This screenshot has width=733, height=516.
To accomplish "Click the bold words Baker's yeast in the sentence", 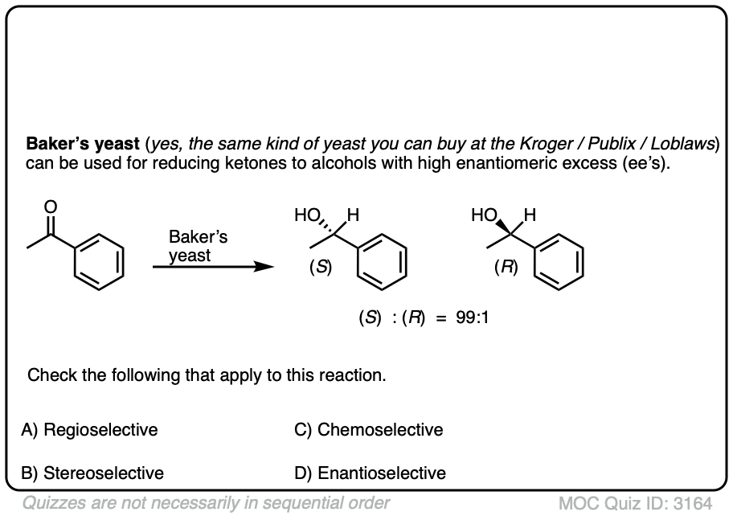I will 83,145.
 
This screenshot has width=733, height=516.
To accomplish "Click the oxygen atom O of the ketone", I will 51,205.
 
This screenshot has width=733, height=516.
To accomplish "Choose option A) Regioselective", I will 89,430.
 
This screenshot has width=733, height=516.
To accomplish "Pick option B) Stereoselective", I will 92,473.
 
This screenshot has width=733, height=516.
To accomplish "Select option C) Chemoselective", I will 369,430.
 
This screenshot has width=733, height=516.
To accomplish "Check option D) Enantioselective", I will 370,473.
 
